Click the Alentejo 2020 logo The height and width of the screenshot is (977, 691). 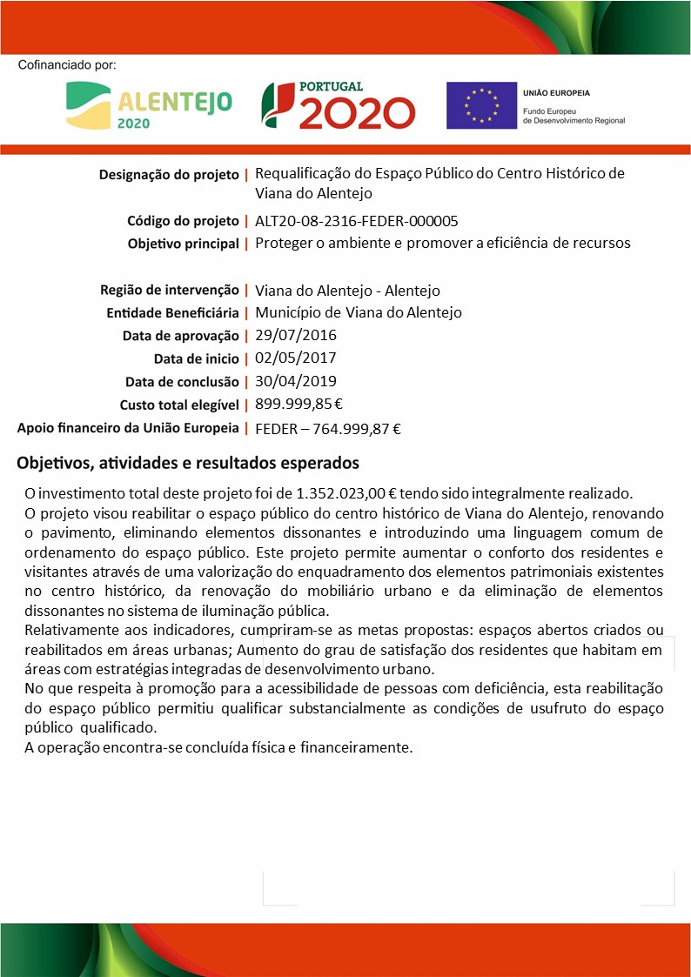149,105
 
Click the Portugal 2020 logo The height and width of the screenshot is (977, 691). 338,105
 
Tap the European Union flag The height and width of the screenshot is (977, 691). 480,105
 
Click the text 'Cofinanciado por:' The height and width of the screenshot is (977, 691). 67,65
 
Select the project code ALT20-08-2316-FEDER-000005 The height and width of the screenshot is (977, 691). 356,221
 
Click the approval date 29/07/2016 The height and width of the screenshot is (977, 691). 296,335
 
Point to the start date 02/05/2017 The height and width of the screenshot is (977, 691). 296,358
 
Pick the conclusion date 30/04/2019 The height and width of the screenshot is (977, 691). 296,380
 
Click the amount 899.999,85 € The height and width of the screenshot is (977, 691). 299,404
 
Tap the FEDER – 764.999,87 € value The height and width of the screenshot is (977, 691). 327,428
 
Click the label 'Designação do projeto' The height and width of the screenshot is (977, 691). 169,174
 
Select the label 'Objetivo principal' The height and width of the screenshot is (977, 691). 183,244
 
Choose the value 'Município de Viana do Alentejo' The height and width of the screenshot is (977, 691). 358,312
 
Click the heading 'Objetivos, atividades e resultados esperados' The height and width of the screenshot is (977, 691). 188,463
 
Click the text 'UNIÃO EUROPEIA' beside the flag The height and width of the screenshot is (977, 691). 556,92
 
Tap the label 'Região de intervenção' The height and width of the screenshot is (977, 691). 170,290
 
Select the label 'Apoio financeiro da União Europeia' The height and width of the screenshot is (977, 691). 128,427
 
